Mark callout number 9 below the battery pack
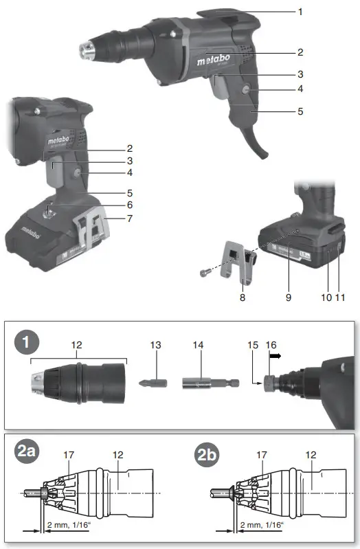[287, 298]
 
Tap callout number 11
[340, 298]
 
